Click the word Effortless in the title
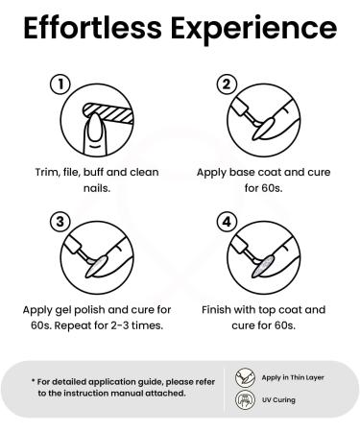(93, 28)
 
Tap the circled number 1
(60, 84)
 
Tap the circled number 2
(227, 84)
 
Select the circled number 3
(60, 222)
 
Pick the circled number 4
(227, 222)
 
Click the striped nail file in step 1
(108, 112)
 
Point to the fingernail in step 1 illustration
(95, 128)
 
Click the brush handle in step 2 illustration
(240, 107)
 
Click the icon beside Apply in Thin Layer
(245, 377)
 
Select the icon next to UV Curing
(245, 399)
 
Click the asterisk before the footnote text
(33, 381)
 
